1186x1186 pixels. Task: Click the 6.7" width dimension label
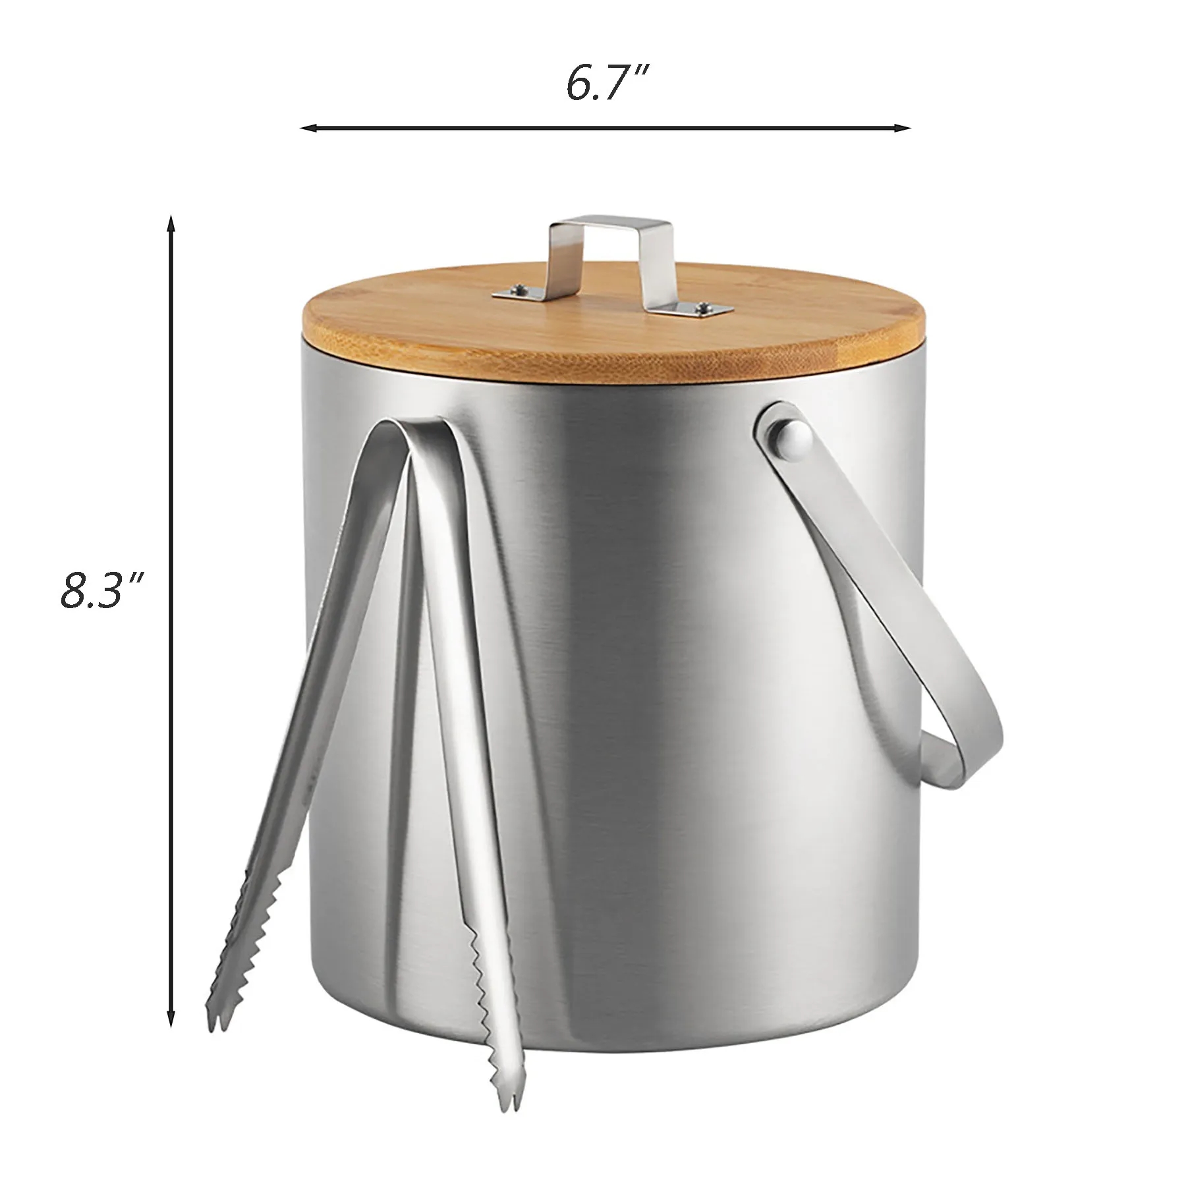coord(608,84)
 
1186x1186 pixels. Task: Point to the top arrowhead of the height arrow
coord(171,224)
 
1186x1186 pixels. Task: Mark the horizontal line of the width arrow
coord(606,127)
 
